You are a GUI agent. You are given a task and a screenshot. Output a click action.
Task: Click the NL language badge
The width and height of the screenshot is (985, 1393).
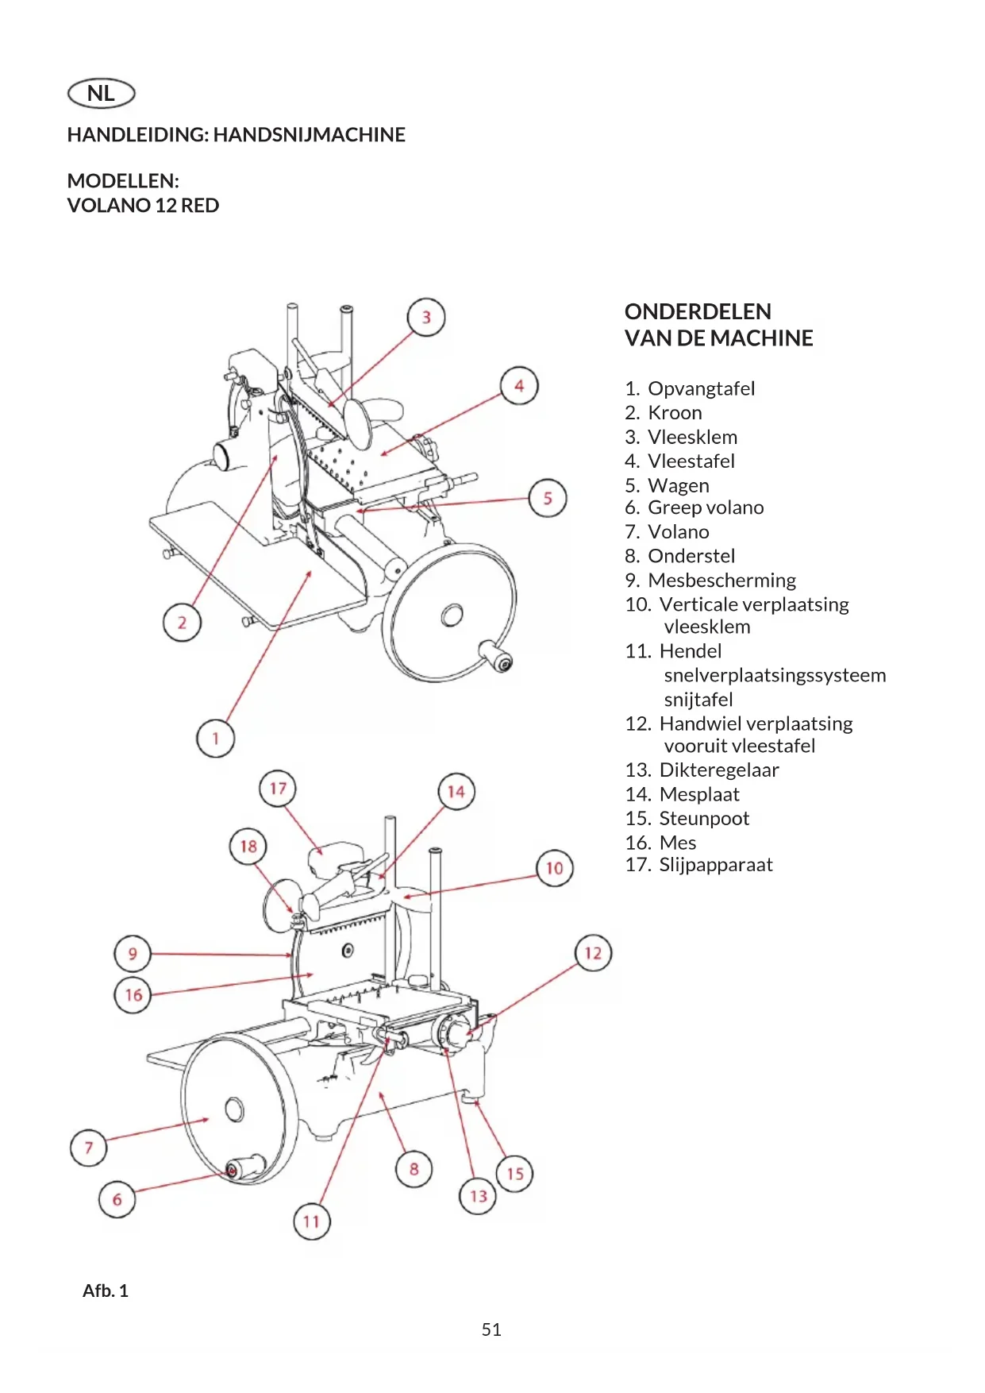coord(102,93)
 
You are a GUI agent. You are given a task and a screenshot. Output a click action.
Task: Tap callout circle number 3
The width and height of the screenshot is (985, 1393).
coord(426,317)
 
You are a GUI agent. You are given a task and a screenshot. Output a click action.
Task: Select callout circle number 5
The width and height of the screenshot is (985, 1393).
coord(548,498)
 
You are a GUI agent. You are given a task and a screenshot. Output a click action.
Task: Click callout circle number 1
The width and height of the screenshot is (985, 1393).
coord(215,739)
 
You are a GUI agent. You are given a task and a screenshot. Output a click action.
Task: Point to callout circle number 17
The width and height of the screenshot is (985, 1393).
coord(278,789)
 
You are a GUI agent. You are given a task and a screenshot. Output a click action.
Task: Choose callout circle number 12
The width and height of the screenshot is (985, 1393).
coord(593,952)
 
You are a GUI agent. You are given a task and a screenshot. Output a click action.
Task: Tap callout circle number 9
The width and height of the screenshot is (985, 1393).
coord(133,954)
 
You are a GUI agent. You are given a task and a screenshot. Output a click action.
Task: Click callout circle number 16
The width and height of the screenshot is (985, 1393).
coord(133,994)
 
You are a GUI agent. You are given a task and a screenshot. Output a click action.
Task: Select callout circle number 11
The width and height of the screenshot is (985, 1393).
coord(311,1221)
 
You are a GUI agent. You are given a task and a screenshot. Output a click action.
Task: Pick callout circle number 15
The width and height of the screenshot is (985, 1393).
coord(515,1173)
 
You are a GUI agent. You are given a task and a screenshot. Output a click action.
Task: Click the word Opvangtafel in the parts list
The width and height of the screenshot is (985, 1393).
coord(702,388)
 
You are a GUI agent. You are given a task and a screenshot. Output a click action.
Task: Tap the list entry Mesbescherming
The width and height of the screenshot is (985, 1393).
coord(721,581)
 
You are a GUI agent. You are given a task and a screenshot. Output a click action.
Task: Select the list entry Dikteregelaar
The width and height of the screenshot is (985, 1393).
coord(719,770)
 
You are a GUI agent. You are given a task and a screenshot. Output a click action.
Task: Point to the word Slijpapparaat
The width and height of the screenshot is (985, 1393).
coord(716,865)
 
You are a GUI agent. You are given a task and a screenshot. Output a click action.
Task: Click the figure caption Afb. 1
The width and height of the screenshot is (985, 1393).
coord(106,1291)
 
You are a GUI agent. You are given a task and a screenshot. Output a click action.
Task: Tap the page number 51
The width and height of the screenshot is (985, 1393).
coord(491,1329)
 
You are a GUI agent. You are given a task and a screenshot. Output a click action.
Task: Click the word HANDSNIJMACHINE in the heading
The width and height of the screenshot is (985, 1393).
coord(310,135)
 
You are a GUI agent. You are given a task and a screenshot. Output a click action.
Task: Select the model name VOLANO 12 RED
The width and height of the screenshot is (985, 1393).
coord(143,206)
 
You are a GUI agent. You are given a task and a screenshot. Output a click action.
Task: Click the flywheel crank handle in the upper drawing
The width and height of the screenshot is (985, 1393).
coord(496,658)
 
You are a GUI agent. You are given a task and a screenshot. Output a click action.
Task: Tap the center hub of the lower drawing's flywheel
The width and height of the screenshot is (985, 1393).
coord(234,1109)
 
